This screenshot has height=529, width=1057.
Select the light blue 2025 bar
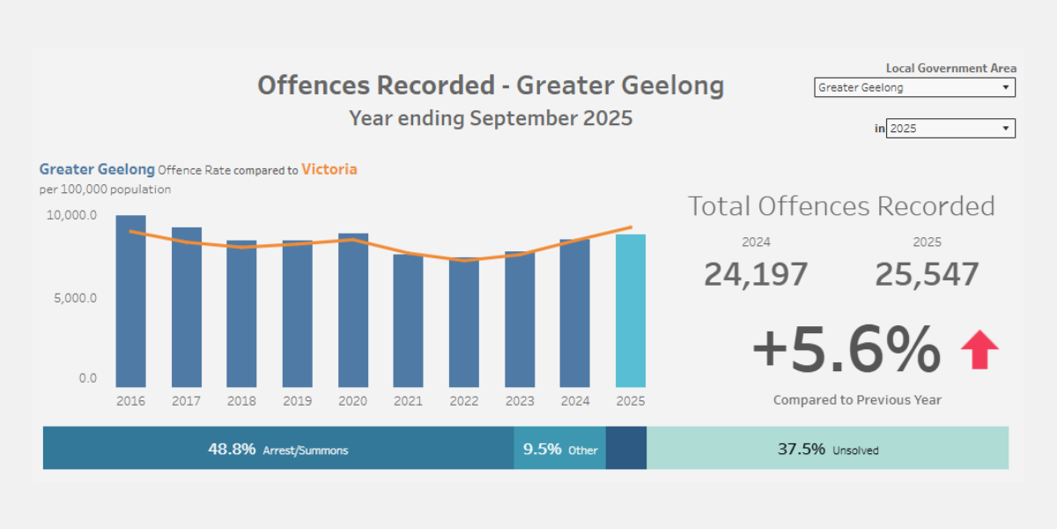coord(630,310)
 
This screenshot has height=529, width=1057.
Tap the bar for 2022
coord(464,323)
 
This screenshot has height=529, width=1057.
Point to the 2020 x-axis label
coord(352,401)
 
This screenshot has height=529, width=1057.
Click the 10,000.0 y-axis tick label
coord(71,215)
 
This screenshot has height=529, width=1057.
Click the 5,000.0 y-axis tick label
coord(74,298)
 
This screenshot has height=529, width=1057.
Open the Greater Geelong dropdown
coord(914,87)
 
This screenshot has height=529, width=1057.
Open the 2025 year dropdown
coord(950,129)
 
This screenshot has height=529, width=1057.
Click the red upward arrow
coord(979,349)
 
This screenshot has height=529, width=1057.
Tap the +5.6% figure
coord(846,350)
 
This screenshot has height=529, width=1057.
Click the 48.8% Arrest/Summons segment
coord(278,449)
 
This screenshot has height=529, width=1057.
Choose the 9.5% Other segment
coord(559,449)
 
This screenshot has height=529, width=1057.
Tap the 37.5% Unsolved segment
coord(827,449)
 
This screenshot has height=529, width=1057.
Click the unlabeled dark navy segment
coord(625,449)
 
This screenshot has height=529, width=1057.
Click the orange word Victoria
coord(329,168)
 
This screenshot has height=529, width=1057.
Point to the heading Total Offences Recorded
coord(840,206)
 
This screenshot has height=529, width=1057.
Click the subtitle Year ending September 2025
coord(491,118)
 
